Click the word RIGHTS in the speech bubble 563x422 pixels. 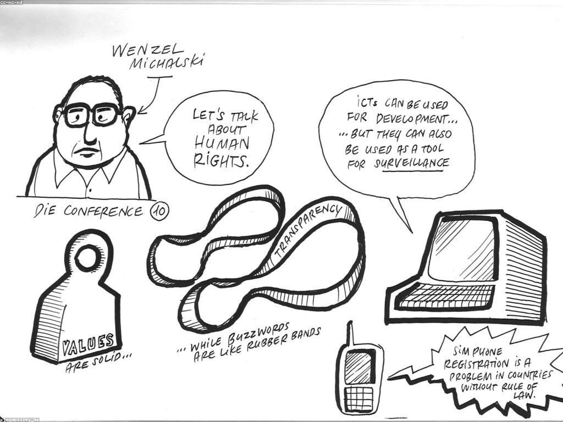click(x=221, y=160)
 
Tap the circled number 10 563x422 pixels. click(x=159, y=212)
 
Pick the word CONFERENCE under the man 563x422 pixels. click(x=104, y=211)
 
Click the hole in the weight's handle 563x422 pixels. click(x=86, y=257)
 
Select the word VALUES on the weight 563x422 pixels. click(x=89, y=344)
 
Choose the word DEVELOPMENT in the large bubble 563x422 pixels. click(x=417, y=119)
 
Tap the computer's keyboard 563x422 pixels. click(x=445, y=295)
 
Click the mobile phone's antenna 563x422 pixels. click(x=350, y=334)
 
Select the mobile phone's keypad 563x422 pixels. click(x=360, y=398)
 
